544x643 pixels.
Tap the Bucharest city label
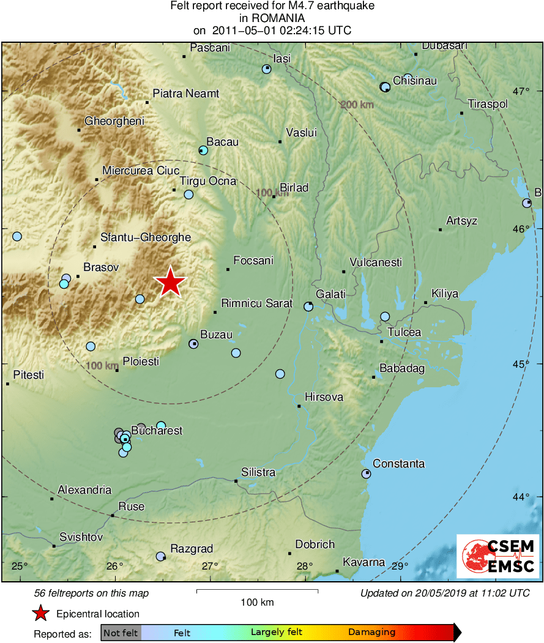pyautogui.click(x=157, y=431)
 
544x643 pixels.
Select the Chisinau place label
pyautogui.click(x=414, y=80)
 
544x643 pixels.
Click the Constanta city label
pyautogui.click(x=398, y=464)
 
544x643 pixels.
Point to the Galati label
pyautogui.click(x=330, y=294)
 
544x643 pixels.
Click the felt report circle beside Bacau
pyautogui.click(x=204, y=150)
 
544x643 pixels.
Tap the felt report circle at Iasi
pyautogui.click(x=266, y=69)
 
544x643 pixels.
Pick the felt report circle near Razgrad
pyautogui.click(x=160, y=556)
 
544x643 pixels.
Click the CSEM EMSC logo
pyautogui.click(x=498, y=556)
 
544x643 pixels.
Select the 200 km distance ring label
pyautogui.click(x=357, y=105)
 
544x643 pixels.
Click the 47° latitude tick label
pyautogui.click(x=521, y=92)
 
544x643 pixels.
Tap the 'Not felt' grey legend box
pyautogui.click(x=121, y=633)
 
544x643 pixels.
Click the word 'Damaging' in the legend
pyautogui.click(x=372, y=633)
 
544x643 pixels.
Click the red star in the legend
pyautogui.click(x=40, y=613)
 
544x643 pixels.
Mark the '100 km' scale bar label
pyautogui.click(x=257, y=602)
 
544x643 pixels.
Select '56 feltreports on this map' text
pyautogui.click(x=91, y=593)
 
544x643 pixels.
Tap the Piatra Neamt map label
pyautogui.click(x=185, y=94)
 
